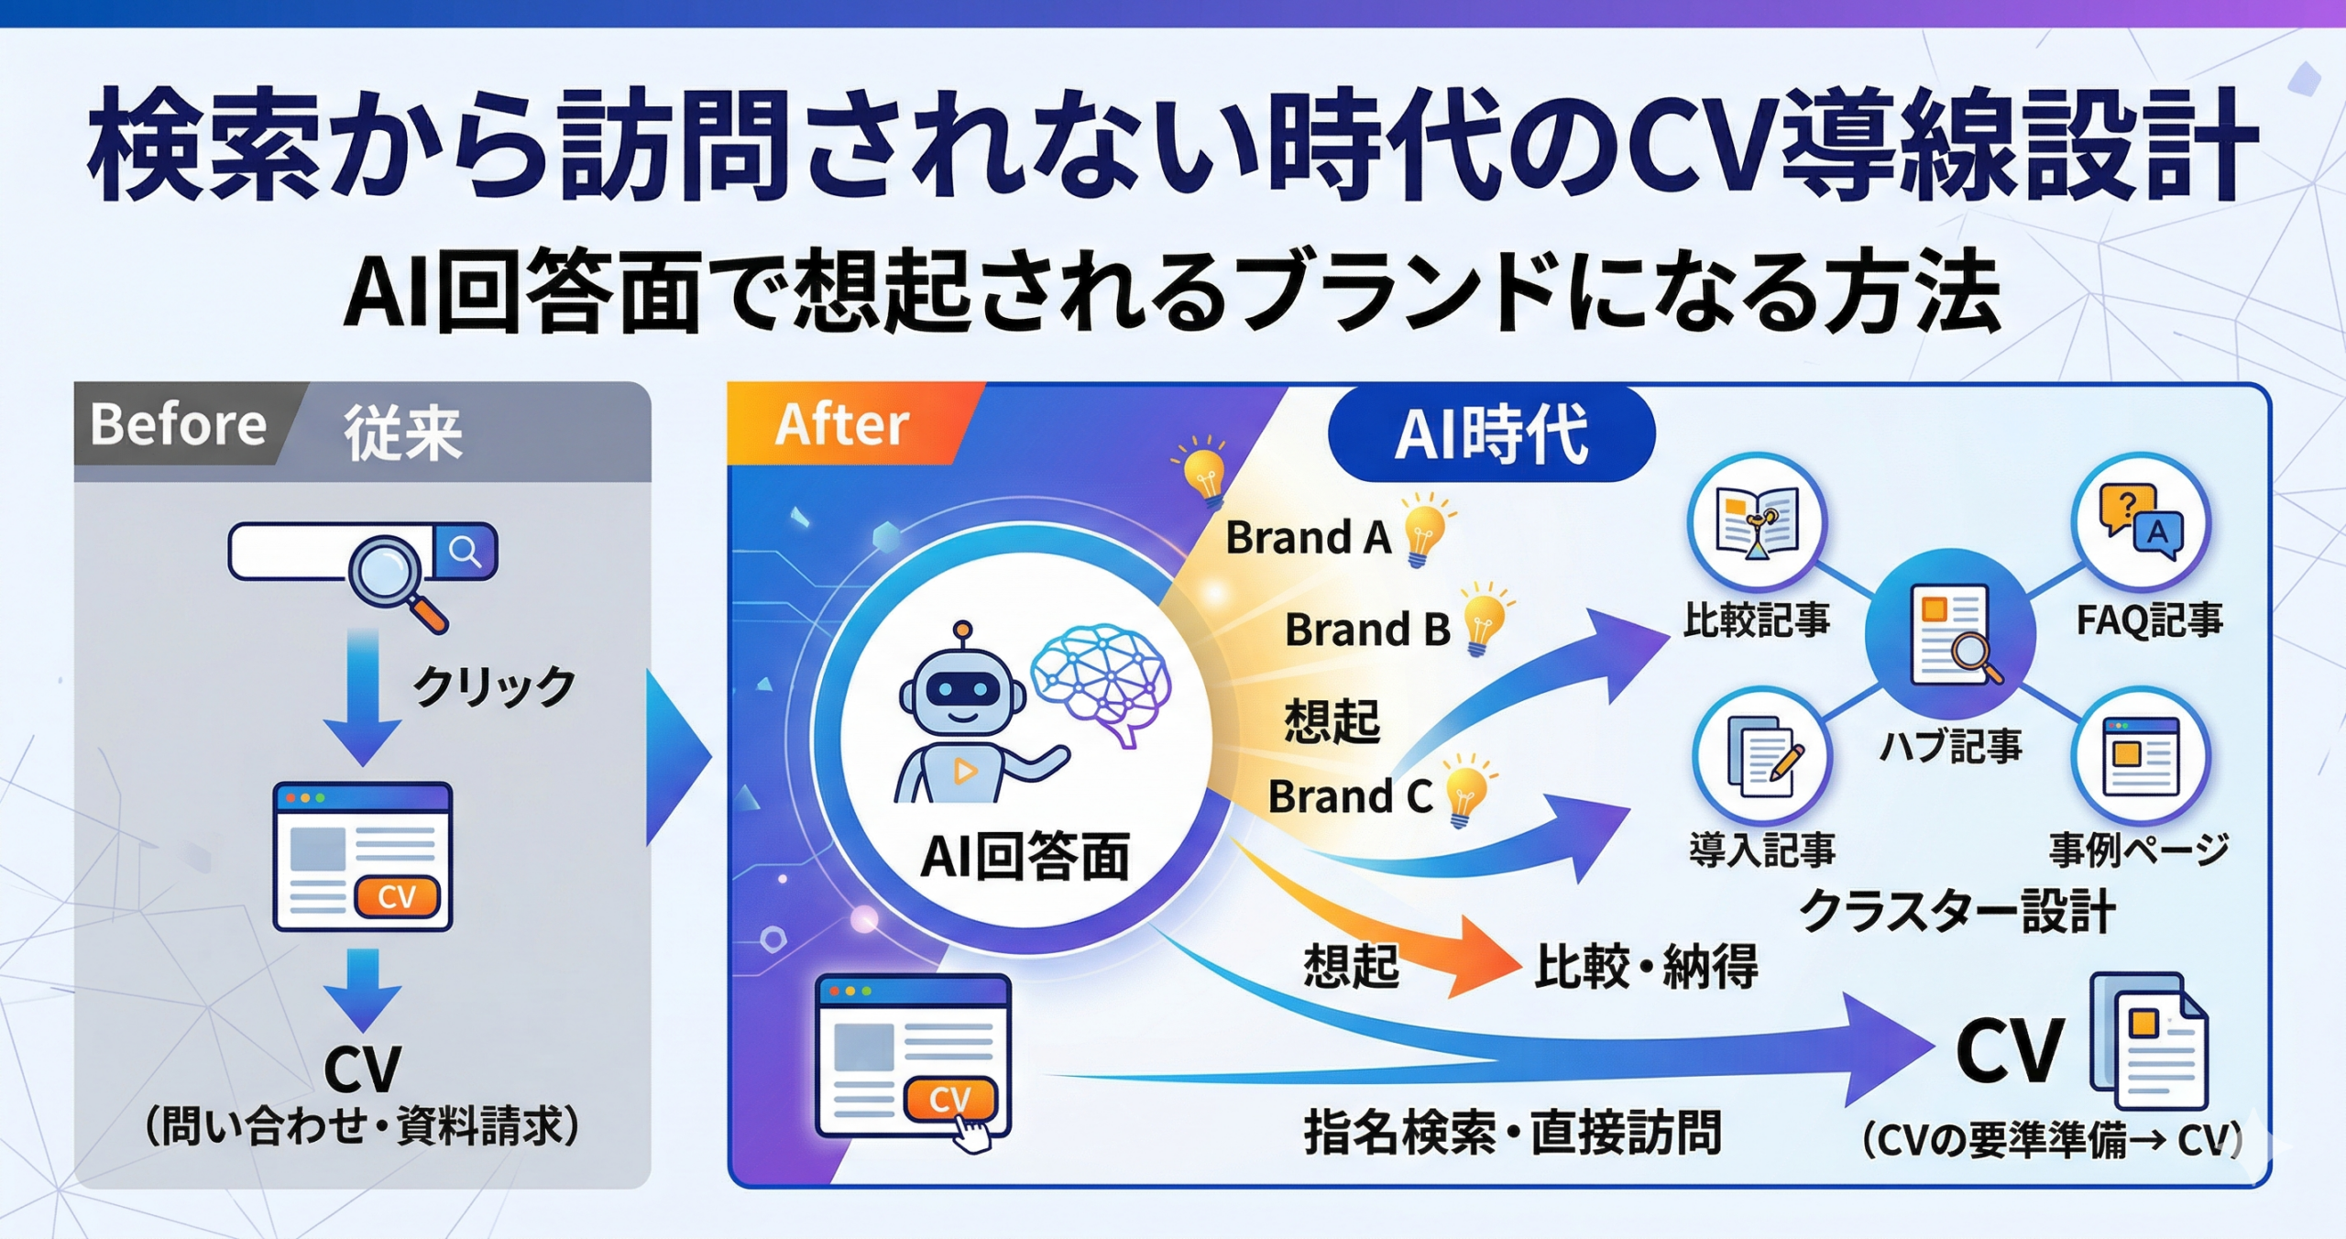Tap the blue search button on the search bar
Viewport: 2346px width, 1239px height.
[x=466, y=552]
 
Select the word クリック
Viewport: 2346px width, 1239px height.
[x=494, y=686]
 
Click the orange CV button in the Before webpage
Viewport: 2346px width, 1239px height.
[x=397, y=896]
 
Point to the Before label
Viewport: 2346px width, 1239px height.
[x=179, y=424]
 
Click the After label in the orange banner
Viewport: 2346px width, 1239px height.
[x=842, y=425]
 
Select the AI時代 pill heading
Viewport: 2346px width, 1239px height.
[x=1491, y=433]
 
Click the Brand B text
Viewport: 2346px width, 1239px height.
[x=1367, y=629]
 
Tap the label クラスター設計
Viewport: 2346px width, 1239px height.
[x=1957, y=911]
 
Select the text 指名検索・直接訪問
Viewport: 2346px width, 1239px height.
[x=1513, y=1132]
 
